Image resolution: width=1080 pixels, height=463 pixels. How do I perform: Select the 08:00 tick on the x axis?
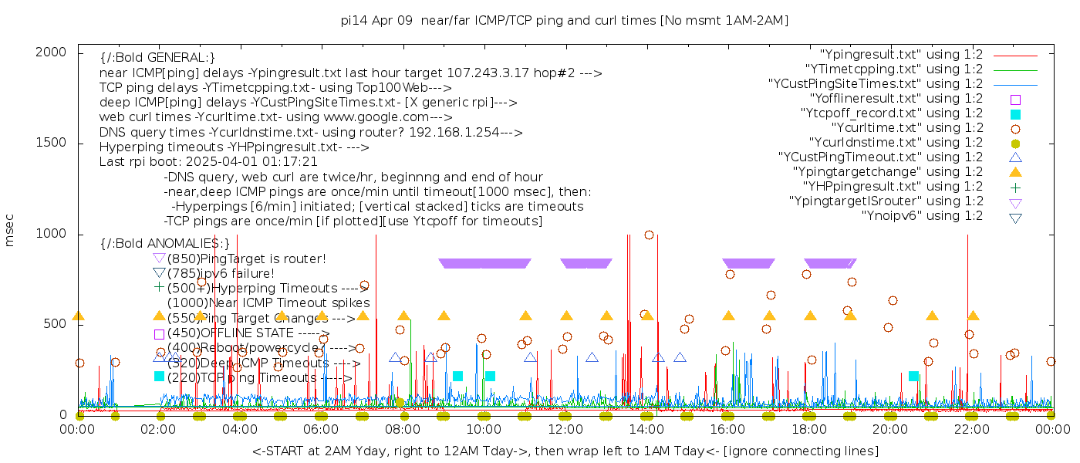coord(402,429)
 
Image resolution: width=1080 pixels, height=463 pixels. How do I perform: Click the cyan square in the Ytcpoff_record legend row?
coord(1015,114)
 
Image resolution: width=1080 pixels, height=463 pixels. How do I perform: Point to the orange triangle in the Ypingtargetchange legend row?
coord(1015,172)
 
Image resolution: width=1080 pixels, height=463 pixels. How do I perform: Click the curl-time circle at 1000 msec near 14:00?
coord(649,235)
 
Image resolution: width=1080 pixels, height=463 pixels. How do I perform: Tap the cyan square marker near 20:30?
coord(913,377)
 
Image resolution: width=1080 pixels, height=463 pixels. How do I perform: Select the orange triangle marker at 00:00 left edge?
coord(78,316)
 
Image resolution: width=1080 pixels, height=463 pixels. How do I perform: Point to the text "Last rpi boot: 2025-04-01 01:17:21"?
coord(208,162)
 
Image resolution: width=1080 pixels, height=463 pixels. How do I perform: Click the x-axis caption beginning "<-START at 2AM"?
coord(565,451)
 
